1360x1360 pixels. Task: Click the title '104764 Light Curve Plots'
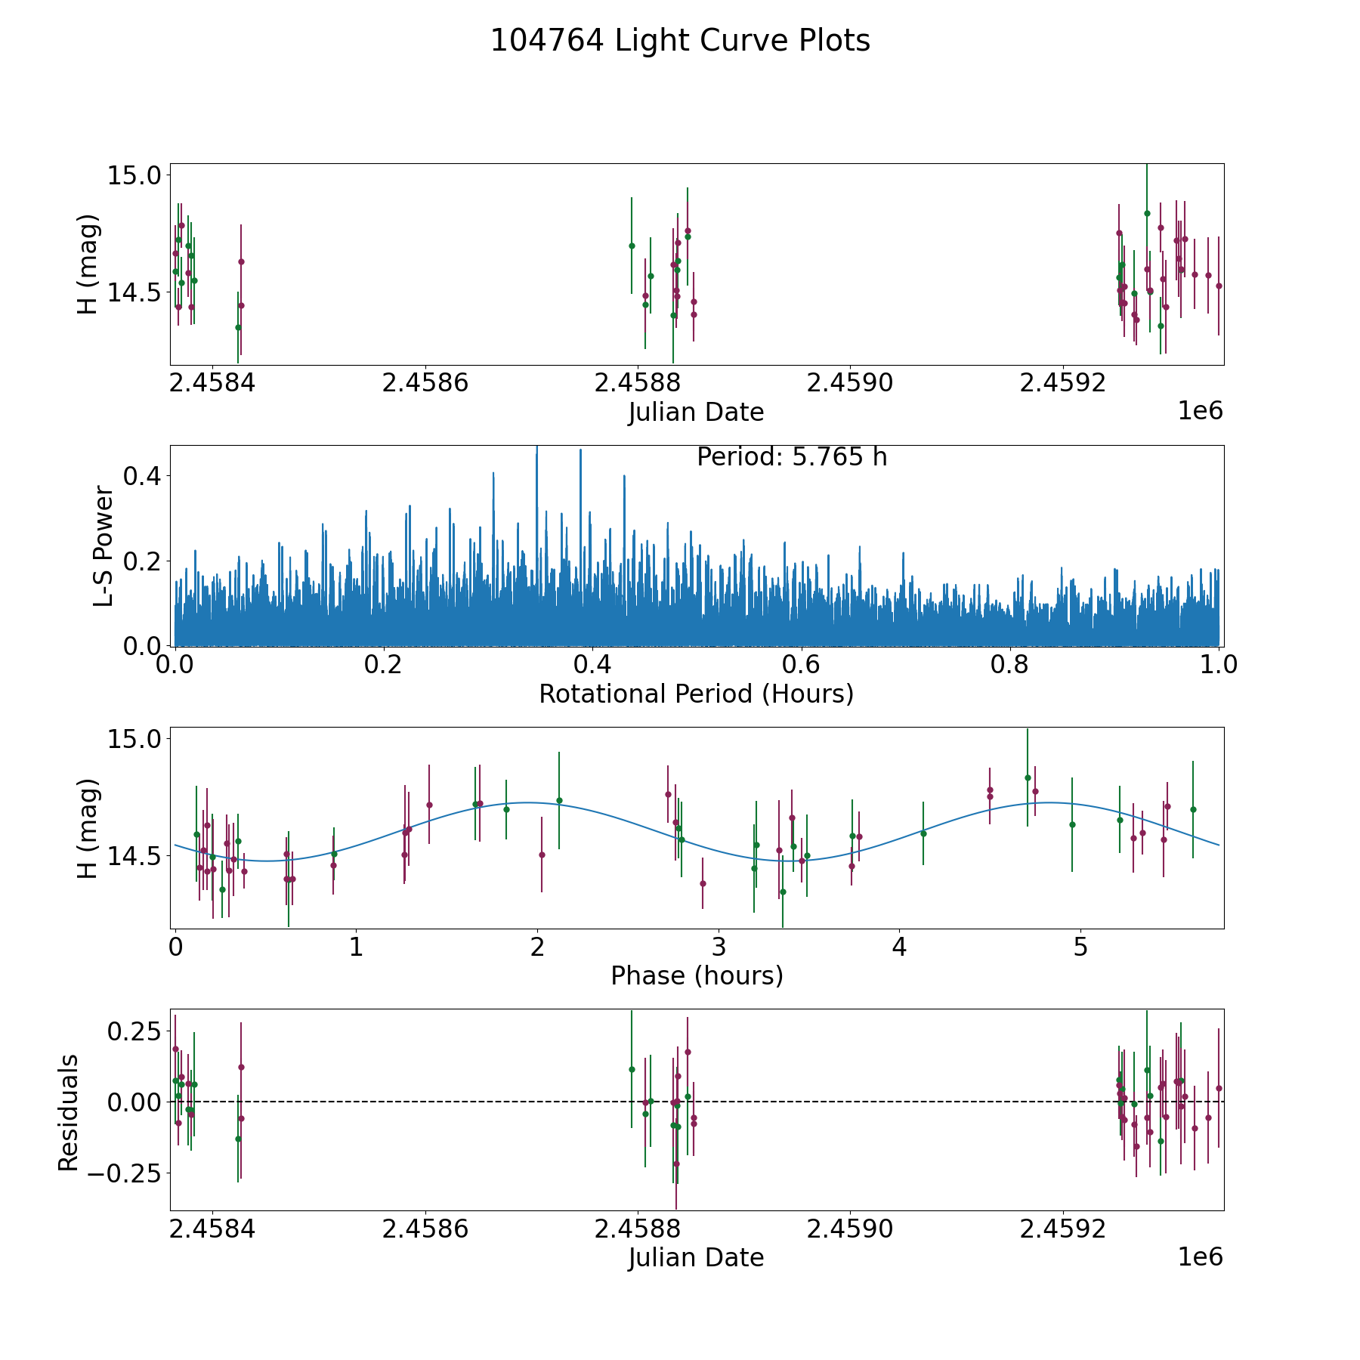pos(680,41)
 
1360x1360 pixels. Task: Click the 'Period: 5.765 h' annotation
pos(792,457)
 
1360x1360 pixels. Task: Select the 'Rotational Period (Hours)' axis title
pos(696,694)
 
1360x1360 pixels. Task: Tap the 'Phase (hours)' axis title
pos(697,975)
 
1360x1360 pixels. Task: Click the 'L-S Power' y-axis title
pos(104,546)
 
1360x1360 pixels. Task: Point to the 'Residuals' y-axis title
pos(69,1113)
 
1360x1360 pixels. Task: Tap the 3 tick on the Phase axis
pos(719,947)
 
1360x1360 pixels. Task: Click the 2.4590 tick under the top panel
pos(850,383)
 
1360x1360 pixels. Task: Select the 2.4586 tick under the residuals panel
pos(425,1229)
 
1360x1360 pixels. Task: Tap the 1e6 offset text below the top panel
pos(1200,411)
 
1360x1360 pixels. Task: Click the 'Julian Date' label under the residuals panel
pos(696,1257)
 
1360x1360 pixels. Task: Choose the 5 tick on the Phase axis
pos(1080,947)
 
